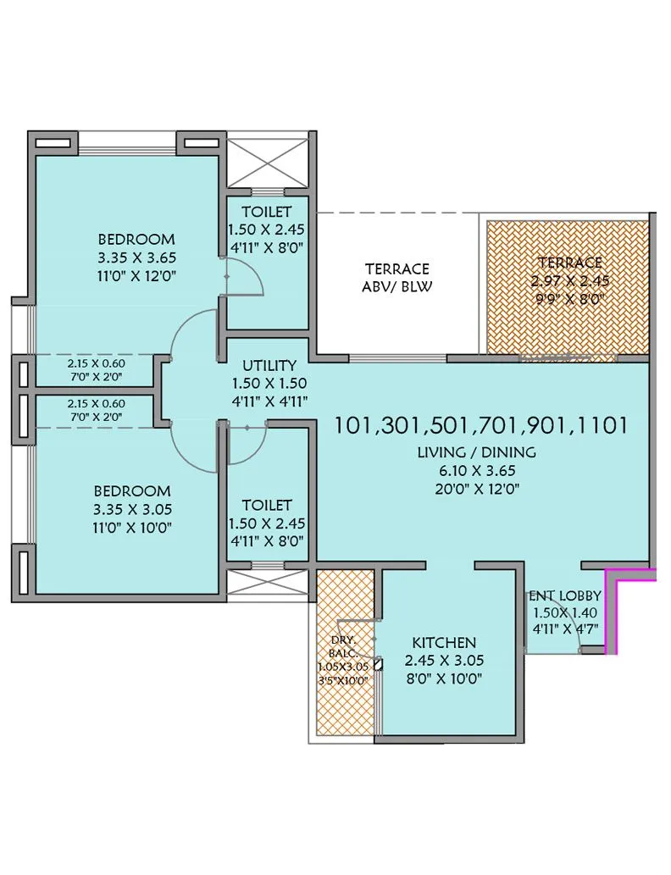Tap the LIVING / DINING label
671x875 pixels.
click(x=476, y=452)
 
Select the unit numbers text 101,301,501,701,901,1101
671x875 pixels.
click(x=480, y=424)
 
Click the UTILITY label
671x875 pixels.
click(x=269, y=366)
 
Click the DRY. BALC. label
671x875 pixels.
click(x=344, y=646)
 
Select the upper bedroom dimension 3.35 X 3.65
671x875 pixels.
click(x=136, y=258)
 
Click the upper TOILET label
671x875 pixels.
click(x=266, y=212)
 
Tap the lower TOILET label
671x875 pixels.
click(x=266, y=505)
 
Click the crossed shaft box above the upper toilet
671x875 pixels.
click(x=268, y=158)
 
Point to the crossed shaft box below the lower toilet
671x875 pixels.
click(x=268, y=583)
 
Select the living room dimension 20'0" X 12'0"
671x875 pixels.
click(x=480, y=488)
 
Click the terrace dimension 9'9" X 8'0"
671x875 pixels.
click(x=568, y=298)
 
